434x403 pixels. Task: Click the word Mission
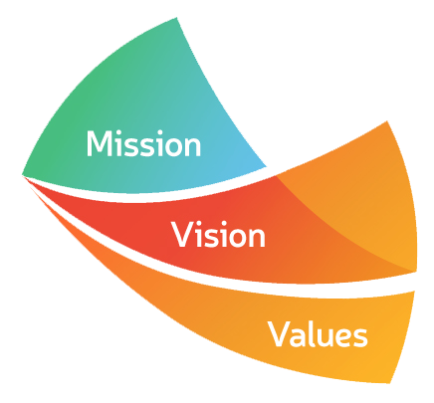point(143,143)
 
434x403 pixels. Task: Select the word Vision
point(218,234)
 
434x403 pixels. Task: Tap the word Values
point(318,334)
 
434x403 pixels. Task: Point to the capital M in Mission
point(99,143)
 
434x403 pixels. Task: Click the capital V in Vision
point(182,235)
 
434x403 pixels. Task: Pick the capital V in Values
point(280,334)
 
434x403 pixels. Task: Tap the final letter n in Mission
point(193,147)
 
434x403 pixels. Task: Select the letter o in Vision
point(235,238)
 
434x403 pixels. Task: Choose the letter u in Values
point(324,337)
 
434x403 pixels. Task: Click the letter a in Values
point(297,337)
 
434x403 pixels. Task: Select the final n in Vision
point(257,237)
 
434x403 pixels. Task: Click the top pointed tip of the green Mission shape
point(176,18)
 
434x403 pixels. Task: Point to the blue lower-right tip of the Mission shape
point(266,166)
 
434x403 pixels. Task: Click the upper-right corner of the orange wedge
point(387,121)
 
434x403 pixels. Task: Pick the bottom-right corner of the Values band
point(390,383)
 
